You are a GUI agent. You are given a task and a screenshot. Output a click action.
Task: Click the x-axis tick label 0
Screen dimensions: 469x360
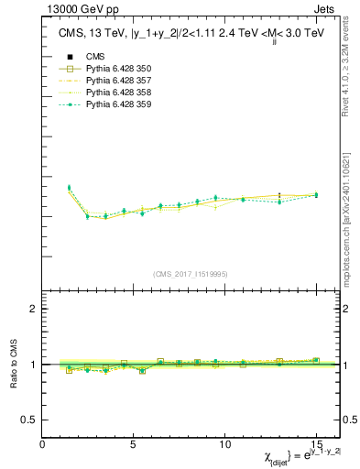[x=42, y=445]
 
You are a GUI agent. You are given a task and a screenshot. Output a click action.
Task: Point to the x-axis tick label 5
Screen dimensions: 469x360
[x=134, y=445]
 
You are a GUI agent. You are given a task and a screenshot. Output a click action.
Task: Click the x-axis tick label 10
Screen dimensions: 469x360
[x=224, y=445]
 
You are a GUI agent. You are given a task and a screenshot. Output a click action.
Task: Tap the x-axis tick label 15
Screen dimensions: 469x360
[x=316, y=445]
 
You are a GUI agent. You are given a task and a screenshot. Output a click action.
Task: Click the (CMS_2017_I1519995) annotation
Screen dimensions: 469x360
[x=190, y=273]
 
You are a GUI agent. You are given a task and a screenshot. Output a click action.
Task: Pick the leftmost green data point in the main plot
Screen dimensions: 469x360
[x=69, y=187]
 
